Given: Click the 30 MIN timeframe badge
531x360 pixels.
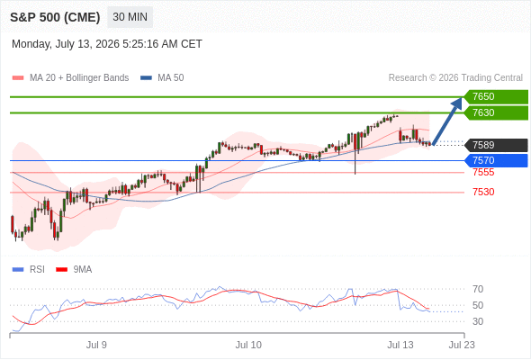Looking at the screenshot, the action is tap(130, 17).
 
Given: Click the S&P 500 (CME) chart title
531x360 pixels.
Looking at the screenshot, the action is tap(55, 17).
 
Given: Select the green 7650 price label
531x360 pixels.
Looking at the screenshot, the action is tap(496, 96).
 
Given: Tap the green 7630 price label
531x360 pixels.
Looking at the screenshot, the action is tap(496, 112).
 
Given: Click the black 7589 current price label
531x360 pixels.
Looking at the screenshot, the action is tap(496, 145).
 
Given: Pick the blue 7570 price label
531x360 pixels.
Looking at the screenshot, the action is tap(496, 160).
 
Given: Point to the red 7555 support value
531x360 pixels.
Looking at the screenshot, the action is tap(483, 173).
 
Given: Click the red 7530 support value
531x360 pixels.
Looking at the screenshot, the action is tap(483, 192).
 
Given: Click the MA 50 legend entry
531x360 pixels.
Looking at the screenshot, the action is tap(162, 78).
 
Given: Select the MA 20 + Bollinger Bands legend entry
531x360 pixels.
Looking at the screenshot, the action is tap(70, 78).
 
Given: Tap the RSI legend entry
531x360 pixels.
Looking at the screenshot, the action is tap(29, 270).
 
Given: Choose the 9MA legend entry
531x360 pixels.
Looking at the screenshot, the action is tap(74, 270).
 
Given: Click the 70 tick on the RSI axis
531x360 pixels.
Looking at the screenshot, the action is tap(478, 289).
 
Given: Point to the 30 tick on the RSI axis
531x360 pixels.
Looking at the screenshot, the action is tap(478, 321).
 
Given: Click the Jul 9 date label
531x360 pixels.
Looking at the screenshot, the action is tap(96, 345).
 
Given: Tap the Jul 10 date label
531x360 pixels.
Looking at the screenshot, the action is tap(248, 345).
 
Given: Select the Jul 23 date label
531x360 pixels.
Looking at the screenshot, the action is tap(462, 345).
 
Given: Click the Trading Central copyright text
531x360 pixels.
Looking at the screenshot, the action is tap(455, 78).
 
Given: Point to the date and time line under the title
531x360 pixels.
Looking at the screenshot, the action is tap(107, 44).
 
